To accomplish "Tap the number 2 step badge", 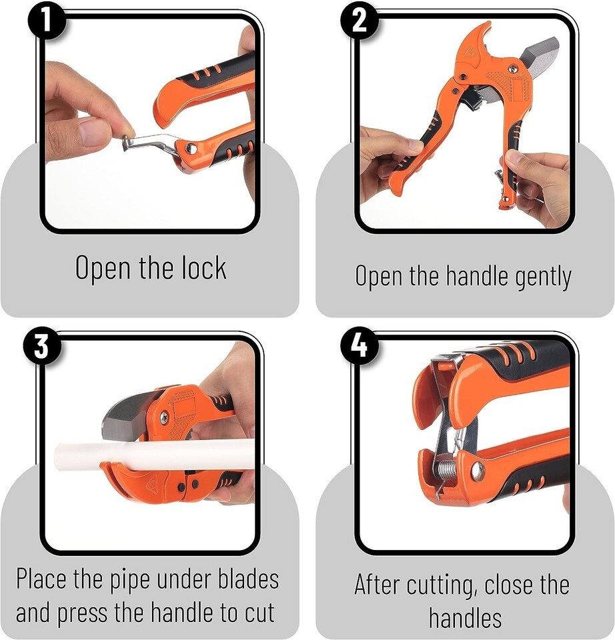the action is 360,20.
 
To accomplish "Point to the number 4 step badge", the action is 360,347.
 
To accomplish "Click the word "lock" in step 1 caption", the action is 203,268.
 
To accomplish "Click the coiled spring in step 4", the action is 448,469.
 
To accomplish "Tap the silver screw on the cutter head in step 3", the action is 164,417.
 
